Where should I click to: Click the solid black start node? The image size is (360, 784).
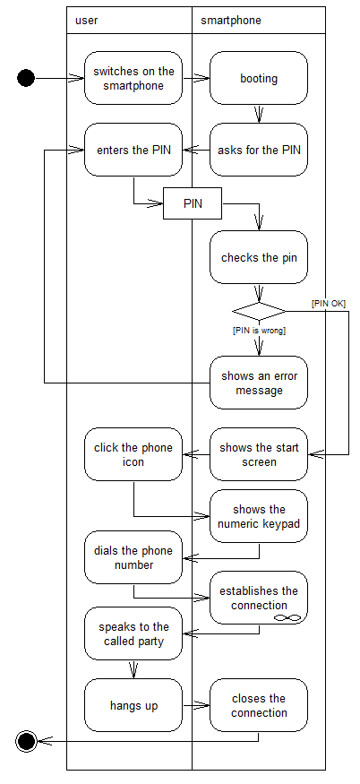26,78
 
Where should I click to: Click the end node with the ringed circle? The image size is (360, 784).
27,740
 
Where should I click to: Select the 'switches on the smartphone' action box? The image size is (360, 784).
133,78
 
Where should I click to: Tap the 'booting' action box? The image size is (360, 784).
259,78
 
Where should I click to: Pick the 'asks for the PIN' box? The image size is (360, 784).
259,150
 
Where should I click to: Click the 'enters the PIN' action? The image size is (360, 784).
133,150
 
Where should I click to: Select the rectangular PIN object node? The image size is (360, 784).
193,203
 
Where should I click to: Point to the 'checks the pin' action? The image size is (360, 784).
259,257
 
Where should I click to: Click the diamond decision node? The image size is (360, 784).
259,311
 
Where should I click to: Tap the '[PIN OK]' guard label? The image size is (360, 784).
329,304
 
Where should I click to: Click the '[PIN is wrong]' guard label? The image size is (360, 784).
259,331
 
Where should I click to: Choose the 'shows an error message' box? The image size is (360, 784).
259,383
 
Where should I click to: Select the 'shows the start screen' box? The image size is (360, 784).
259,454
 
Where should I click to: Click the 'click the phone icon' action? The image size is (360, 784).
133,454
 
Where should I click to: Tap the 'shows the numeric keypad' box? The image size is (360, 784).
259,516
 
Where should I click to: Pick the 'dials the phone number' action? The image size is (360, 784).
133,557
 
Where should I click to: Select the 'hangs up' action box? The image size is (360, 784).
133,705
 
